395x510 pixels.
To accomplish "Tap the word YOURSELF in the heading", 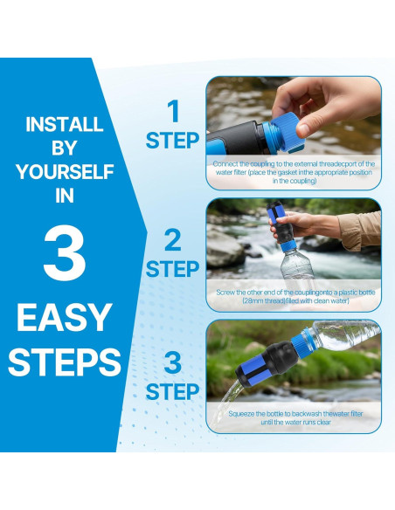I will [x=64, y=172].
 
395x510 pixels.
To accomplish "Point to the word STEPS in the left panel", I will [x=64, y=361].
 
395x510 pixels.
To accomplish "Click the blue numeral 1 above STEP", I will [x=172, y=111].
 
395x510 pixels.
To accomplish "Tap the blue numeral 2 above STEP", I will [x=172, y=240].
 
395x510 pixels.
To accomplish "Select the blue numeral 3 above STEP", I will [x=172, y=362].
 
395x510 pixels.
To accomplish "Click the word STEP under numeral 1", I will [x=172, y=141].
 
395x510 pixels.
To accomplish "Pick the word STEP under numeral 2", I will [x=172, y=269].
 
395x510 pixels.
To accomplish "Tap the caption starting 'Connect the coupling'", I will [x=294, y=172].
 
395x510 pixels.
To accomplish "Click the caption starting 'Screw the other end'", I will [x=294, y=297].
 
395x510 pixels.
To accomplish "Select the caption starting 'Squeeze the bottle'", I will [x=294, y=418].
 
